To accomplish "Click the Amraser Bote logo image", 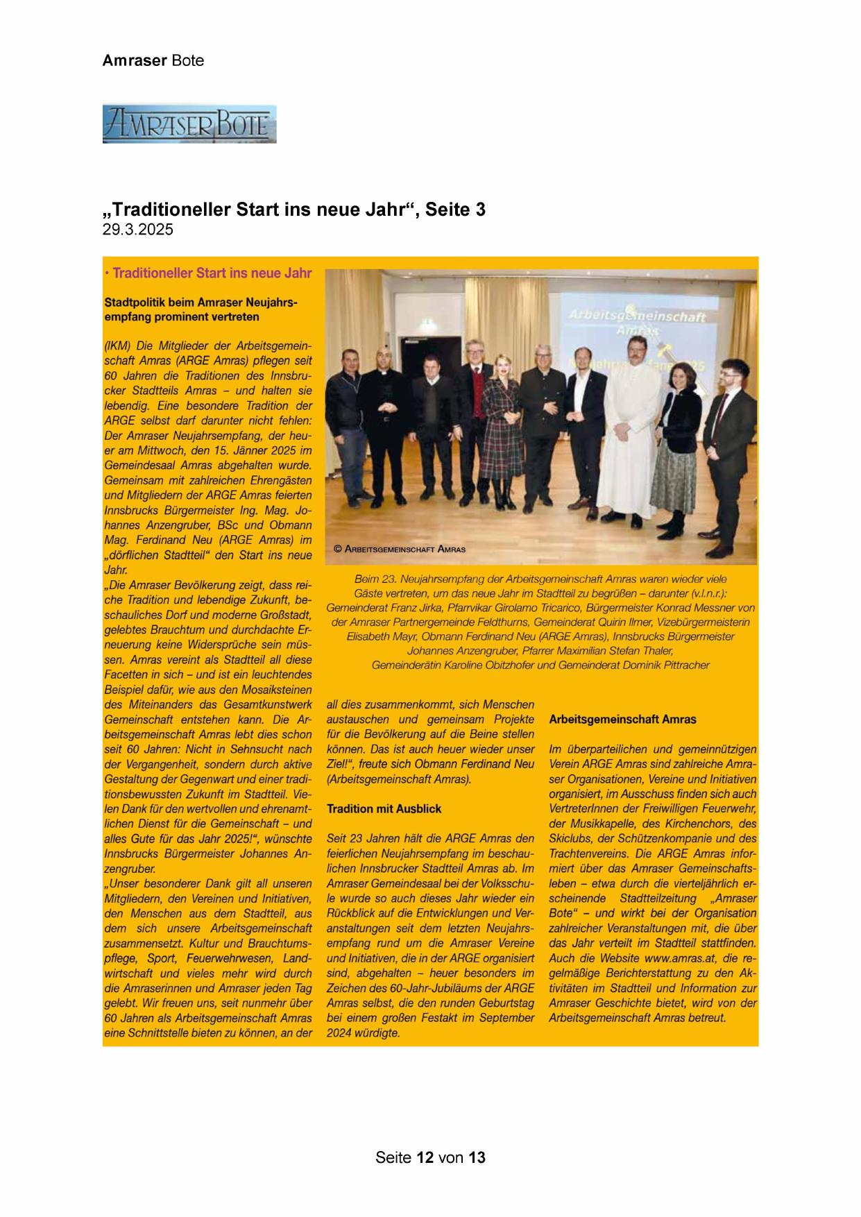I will [x=189, y=124].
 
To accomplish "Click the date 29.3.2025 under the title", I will [x=137, y=230].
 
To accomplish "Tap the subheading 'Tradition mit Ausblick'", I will [x=384, y=808].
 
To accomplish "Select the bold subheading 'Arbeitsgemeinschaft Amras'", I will [x=622, y=720].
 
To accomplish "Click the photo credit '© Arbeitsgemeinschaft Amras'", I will [x=400, y=549].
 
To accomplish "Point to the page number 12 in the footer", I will [x=425, y=1157].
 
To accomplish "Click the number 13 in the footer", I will [x=477, y=1157].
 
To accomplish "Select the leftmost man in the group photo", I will [x=350, y=423].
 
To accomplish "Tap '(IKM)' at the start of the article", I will [x=117, y=346].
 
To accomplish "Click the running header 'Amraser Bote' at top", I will [x=153, y=60].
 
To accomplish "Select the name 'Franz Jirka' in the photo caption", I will [x=418, y=607].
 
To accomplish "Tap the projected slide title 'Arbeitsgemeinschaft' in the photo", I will [x=637, y=316].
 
